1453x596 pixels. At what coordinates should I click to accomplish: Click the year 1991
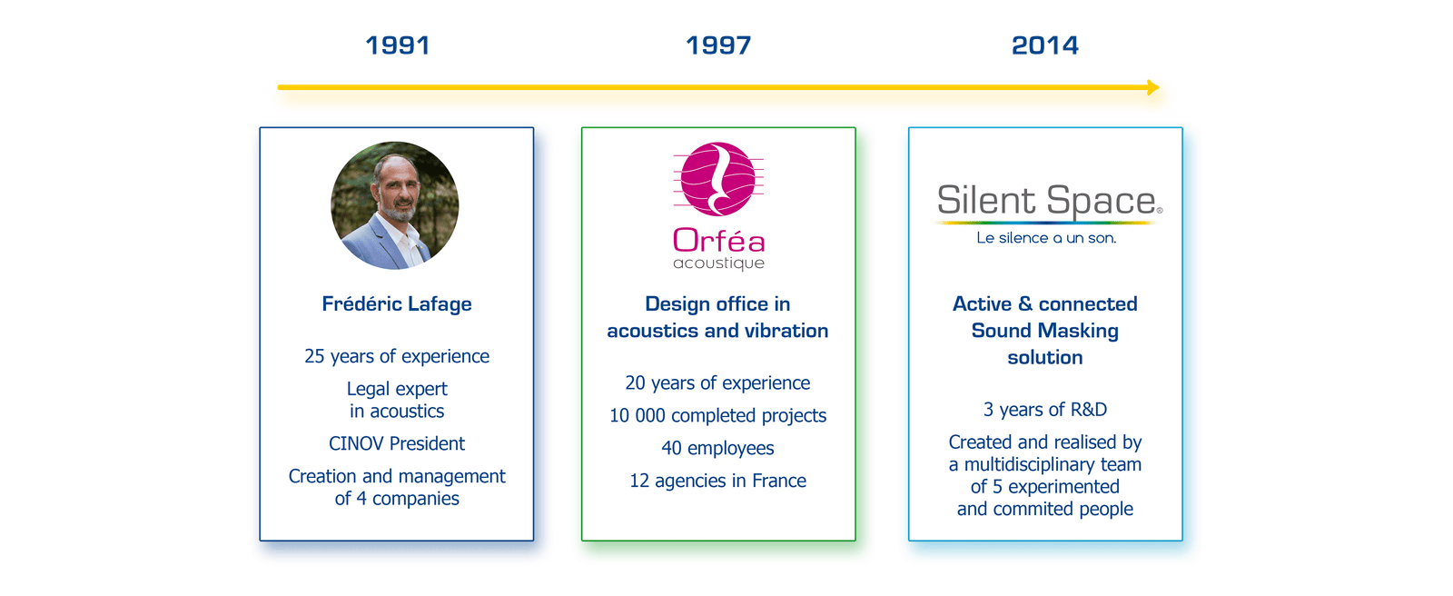tap(397, 45)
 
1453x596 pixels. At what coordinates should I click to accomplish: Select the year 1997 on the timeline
tap(718, 45)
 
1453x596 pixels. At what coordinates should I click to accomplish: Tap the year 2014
tap(1045, 45)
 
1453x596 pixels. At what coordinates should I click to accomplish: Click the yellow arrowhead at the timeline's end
tap(1152, 87)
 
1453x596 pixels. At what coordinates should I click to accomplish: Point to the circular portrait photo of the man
tap(394, 205)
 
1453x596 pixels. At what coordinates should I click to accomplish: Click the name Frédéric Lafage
tap(397, 303)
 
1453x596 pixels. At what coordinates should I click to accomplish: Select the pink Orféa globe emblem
tap(718, 179)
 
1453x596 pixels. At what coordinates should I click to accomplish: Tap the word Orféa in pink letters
tap(718, 240)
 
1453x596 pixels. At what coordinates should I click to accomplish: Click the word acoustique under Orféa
tap(718, 263)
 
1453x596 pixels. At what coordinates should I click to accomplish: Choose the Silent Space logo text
tap(1050, 200)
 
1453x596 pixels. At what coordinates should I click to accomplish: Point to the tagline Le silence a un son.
tap(1046, 238)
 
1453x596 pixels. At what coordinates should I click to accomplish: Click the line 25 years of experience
tap(397, 356)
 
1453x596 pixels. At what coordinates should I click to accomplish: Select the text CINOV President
tap(397, 443)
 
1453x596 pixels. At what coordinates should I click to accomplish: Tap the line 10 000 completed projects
tap(718, 415)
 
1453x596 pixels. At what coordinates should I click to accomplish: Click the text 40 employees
tap(718, 448)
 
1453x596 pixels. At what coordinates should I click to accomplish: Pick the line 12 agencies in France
tap(718, 481)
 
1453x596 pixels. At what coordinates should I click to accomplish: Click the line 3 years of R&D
tap(1045, 410)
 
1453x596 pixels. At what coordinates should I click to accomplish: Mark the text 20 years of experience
tap(718, 383)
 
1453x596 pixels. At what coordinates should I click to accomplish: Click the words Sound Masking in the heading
tap(1045, 331)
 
